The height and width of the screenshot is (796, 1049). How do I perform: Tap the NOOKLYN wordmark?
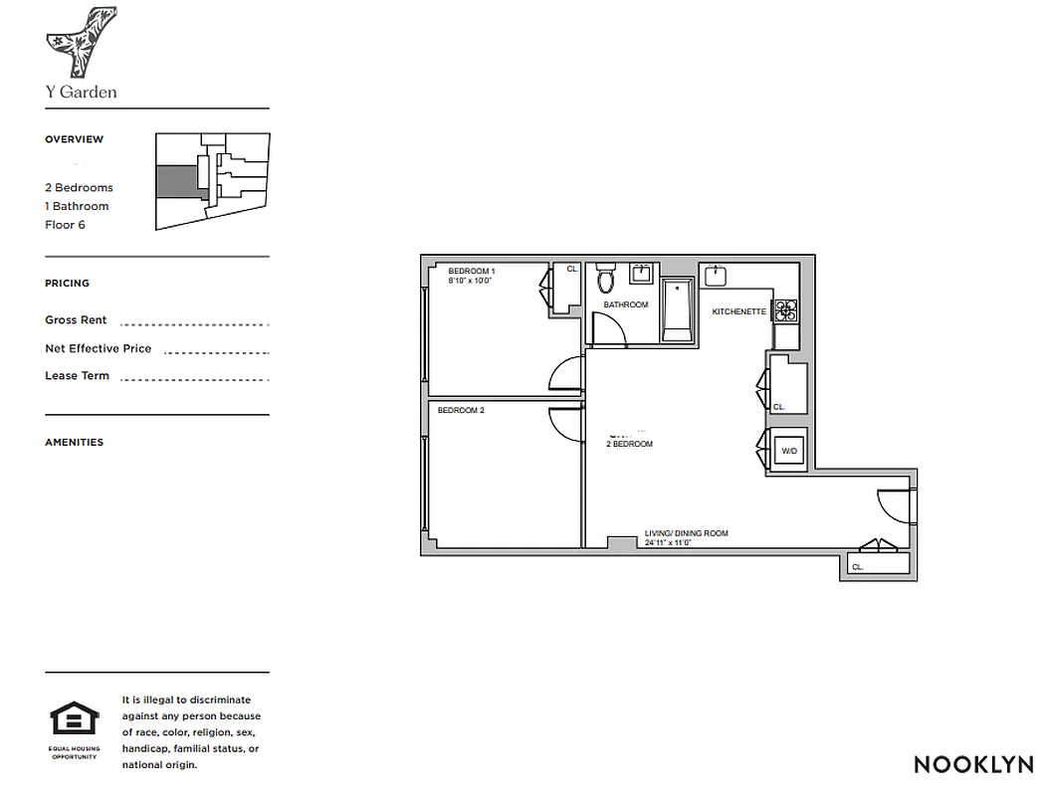click(973, 764)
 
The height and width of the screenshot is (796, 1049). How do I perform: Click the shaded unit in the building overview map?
click(177, 182)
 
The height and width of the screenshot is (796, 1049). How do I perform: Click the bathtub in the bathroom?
click(677, 309)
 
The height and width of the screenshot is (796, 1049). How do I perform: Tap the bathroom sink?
click(643, 274)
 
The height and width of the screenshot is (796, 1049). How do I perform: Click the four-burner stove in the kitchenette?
click(785, 310)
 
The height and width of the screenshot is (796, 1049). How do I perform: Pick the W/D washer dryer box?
click(789, 451)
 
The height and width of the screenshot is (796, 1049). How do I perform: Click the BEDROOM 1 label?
click(471, 271)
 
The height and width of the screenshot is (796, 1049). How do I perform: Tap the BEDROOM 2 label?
click(460, 410)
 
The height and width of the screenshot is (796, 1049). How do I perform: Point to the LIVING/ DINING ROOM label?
click(686, 533)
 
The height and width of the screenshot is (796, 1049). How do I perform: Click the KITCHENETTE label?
click(738, 311)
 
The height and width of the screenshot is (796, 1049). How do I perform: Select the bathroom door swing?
click(608, 329)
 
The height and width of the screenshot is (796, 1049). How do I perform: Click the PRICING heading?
click(67, 284)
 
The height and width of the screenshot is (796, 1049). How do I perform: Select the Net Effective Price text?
click(98, 348)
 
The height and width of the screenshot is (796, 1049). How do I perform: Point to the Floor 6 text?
click(65, 225)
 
